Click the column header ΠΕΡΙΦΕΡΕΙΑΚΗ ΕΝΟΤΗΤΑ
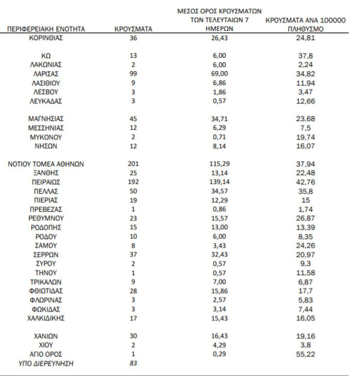click(46, 29)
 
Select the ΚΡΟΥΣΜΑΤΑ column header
click(133, 29)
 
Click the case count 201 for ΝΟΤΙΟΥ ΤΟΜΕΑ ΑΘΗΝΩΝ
click(133, 164)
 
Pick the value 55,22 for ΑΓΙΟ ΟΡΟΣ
click(305, 354)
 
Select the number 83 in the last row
click(133, 363)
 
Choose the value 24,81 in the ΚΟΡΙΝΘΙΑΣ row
click(305, 37)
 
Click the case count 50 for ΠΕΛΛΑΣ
click(133, 191)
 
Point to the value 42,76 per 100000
click(305, 182)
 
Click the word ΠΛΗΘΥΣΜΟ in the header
click(305, 29)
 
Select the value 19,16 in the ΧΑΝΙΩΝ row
click(305, 336)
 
